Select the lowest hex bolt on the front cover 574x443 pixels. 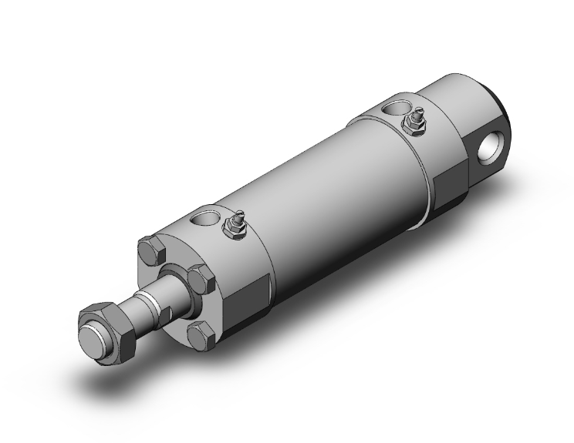click(201, 337)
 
